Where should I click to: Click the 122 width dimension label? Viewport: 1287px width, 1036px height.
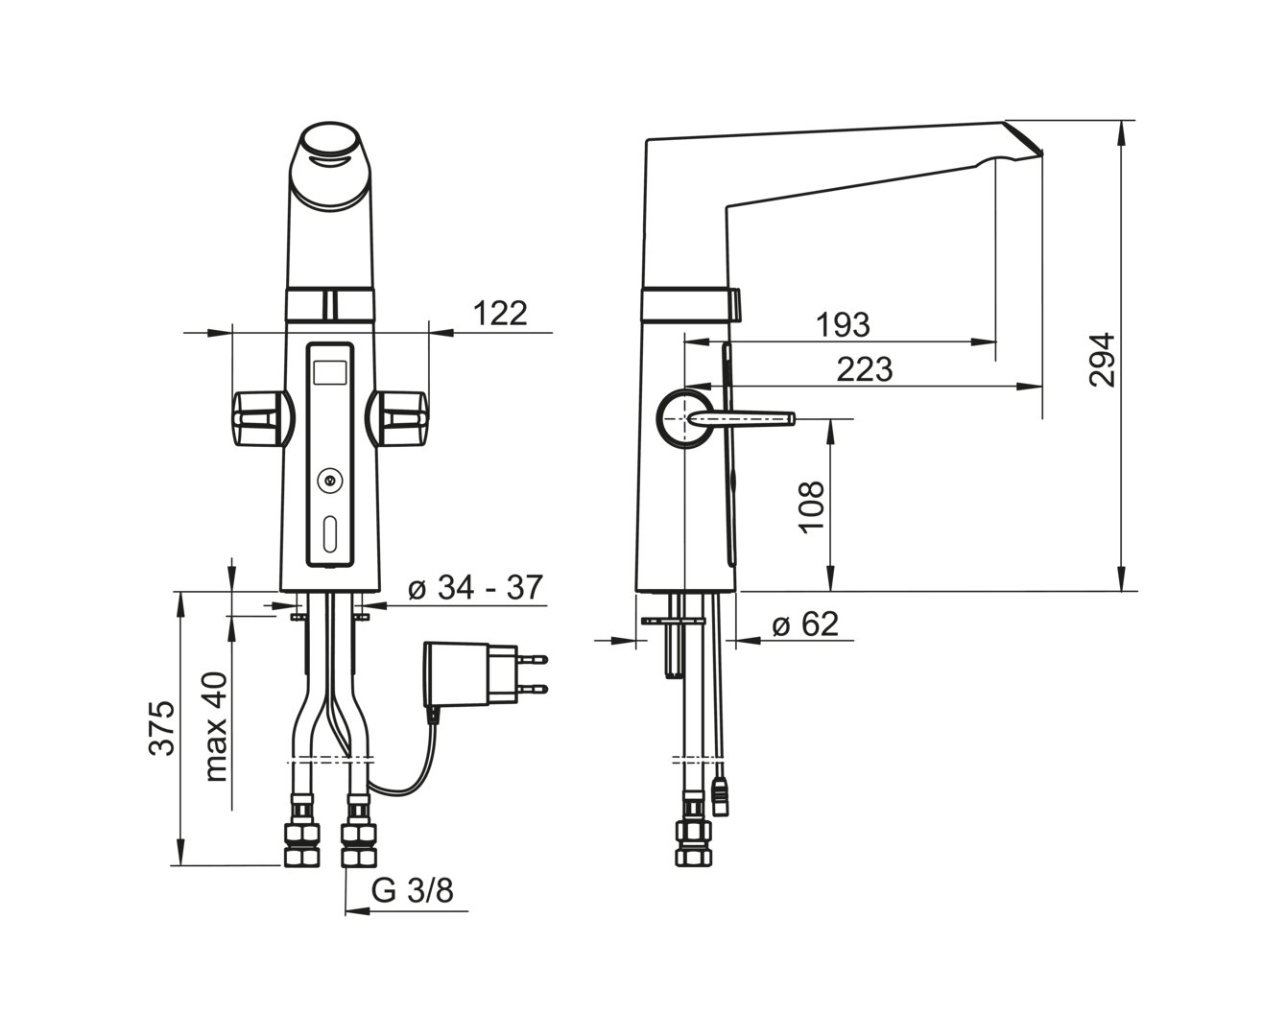point(500,314)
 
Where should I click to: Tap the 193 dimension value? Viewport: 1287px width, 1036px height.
point(844,324)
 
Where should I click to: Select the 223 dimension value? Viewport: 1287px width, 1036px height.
point(864,369)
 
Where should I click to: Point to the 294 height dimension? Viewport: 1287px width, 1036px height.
point(1101,360)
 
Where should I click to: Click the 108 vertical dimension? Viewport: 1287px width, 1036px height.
point(811,506)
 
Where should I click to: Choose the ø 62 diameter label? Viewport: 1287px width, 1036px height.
point(805,624)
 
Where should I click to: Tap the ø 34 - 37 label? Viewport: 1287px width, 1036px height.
point(475,587)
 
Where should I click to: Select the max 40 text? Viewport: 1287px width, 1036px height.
point(215,727)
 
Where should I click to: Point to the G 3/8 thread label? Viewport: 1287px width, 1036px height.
point(413,890)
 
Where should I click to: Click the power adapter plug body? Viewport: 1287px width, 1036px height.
point(470,674)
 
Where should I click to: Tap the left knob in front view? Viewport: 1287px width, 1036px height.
point(262,418)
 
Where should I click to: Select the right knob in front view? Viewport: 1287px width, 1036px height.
point(398,418)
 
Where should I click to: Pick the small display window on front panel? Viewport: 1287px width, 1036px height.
point(329,373)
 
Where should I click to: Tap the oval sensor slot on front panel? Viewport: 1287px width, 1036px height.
point(329,534)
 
